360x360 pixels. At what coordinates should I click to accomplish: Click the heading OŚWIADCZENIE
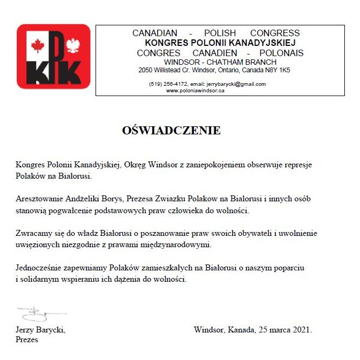(172, 131)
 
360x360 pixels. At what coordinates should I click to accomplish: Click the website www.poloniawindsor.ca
(195, 91)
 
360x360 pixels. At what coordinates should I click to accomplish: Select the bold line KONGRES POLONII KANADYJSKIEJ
(220, 42)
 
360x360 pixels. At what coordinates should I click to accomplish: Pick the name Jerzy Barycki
(41, 330)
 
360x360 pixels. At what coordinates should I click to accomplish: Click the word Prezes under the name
(27, 340)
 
